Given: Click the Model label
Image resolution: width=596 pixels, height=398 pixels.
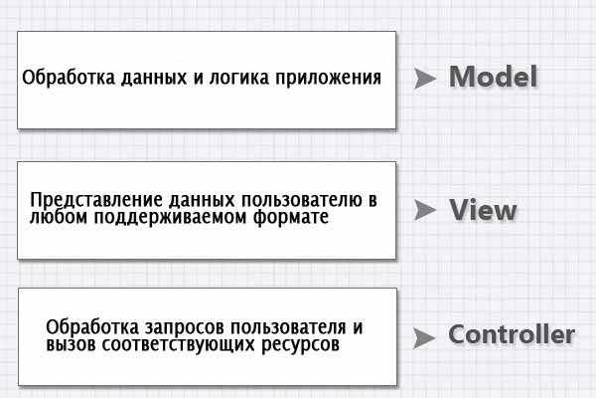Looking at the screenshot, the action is point(493,77).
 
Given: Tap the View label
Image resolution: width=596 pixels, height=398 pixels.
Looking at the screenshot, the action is point(483,210).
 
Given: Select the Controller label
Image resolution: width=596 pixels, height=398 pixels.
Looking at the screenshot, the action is point(512,334).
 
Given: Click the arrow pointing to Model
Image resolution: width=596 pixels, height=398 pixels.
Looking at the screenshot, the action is point(424,78).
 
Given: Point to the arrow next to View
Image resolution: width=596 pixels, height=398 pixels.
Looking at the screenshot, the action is point(424,210).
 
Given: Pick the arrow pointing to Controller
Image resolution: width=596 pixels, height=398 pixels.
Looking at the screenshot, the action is point(424,338).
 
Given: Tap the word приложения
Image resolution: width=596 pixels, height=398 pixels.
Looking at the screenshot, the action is point(329,79).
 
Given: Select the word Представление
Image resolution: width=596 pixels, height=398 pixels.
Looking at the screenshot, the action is point(96,201).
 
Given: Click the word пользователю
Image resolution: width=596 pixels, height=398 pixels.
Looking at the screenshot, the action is point(302,200).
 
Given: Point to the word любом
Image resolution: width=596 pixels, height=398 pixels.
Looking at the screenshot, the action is point(59,217).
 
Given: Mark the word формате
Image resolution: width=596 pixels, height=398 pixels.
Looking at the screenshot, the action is point(291,217).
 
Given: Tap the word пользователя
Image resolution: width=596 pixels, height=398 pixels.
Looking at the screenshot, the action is point(288,327).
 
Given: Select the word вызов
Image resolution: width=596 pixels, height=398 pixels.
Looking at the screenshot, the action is point(72,344).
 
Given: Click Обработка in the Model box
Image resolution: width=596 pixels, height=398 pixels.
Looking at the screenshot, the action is point(69,78).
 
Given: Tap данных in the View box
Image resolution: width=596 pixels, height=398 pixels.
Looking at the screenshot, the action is point(202,201).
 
